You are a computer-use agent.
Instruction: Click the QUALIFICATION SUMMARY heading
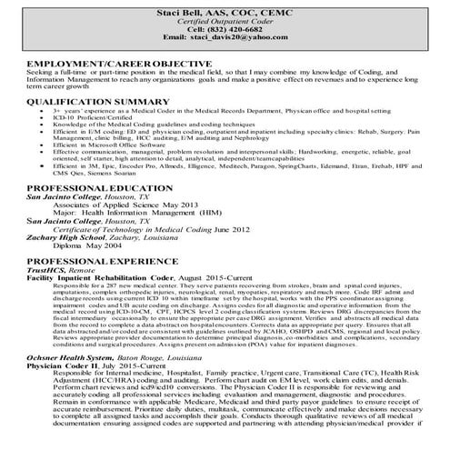pyautogui.click(x=94, y=103)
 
